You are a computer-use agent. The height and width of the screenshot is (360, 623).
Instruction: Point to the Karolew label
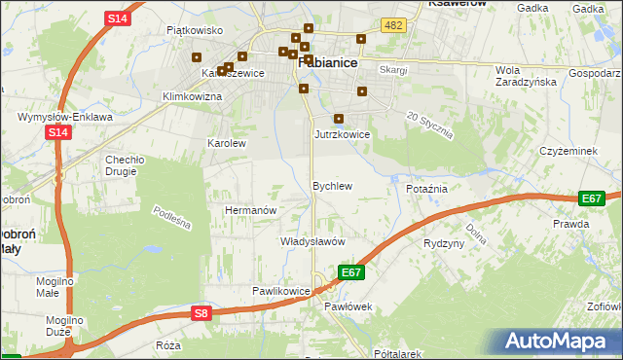tap(227, 142)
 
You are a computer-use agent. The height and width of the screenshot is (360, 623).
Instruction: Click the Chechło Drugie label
tap(125, 165)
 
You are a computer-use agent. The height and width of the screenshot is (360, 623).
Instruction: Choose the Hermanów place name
tap(251, 209)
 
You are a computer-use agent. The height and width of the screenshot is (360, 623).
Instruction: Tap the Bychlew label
tap(331, 185)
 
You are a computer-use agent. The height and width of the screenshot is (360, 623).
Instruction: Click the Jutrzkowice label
tap(342, 134)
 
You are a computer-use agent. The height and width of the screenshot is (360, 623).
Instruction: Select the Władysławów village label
tap(313, 240)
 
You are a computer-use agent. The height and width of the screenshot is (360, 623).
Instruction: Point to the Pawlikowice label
tap(280, 291)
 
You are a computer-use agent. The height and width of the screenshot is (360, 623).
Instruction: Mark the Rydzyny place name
tap(444, 243)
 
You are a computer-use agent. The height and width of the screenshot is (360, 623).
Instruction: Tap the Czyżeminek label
tap(568, 151)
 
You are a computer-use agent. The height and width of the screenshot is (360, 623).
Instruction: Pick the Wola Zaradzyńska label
tap(525, 76)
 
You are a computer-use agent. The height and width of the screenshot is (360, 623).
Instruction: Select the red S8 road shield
tap(201, 312)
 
